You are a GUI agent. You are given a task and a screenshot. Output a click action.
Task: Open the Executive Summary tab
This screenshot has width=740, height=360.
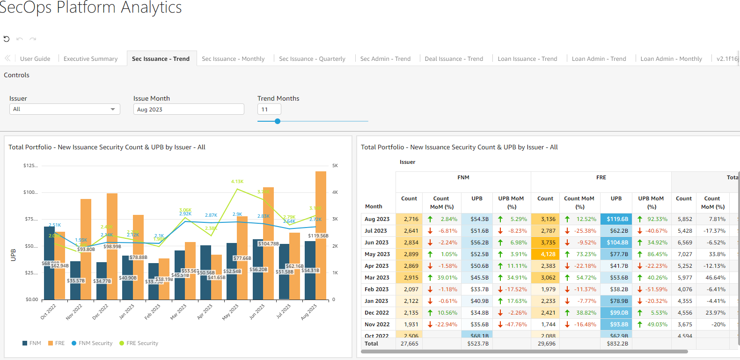click(x=90, y=59)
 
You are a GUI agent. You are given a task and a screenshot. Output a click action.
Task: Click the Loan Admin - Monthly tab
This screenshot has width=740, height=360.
click(x=671, y=59)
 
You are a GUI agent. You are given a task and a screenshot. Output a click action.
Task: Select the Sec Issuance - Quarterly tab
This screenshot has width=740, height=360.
click(x=312, y=59)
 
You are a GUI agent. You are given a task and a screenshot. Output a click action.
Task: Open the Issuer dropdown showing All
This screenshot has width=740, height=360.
click(x=65, y=109)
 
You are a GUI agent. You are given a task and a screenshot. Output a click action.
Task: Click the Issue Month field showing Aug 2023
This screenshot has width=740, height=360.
click(x=188, y=109)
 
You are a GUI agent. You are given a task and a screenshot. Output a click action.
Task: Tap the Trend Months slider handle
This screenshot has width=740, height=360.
click(x=278, y=121)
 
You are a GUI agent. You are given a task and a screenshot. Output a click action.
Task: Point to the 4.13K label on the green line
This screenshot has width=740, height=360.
click(x=237, y=182)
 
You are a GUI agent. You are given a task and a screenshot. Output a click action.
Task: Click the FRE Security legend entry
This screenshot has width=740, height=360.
click(x=139, y=343)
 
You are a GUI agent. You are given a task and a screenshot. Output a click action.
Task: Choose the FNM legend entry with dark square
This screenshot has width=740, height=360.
click(x=31, y=343)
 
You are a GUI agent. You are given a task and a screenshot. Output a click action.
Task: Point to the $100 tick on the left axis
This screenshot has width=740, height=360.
click(x=31, y=192)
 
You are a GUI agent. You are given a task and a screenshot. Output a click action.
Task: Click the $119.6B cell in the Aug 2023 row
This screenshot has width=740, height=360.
click(x=617, y=219)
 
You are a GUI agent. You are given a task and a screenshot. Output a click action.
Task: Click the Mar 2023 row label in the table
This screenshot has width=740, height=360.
click(x=377, y=278)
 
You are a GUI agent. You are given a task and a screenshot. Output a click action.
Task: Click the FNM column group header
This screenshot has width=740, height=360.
click(x=463, y=177)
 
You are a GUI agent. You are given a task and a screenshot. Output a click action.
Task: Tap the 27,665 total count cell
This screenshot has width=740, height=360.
click(x=410, y=344)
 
